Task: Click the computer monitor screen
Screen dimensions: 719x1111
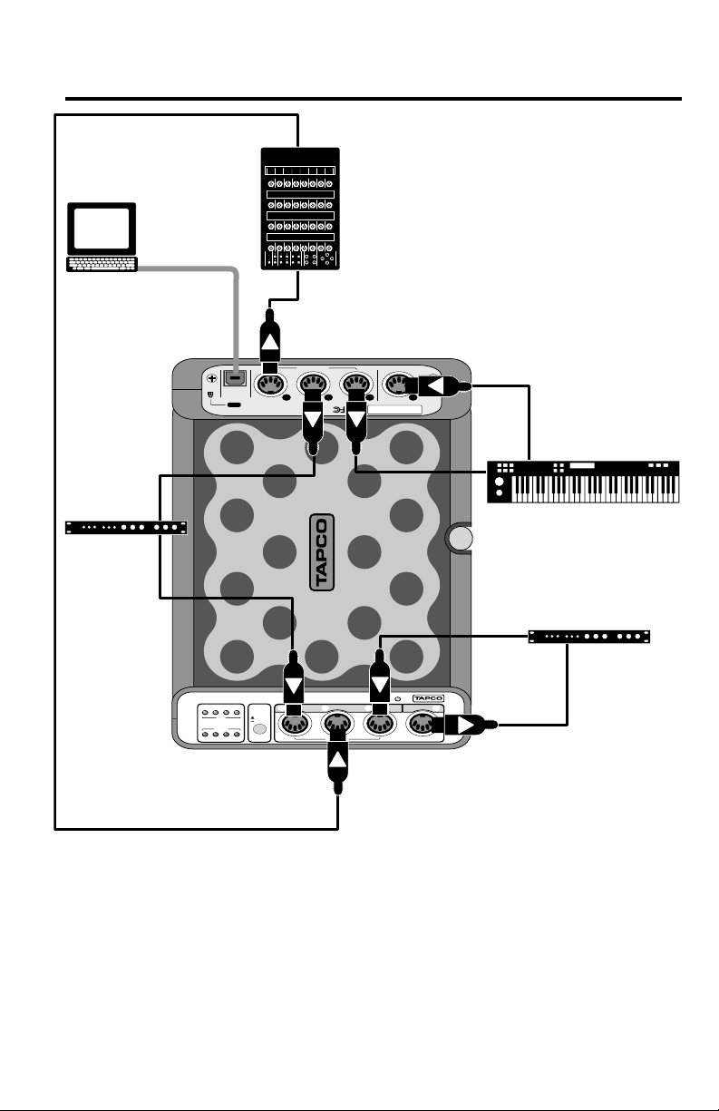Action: click(x=102, y=229)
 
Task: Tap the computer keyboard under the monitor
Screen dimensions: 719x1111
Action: click(x=102, y=264)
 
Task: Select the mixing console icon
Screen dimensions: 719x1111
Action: click(x=300, y=209)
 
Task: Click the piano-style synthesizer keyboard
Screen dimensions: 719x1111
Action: click(x=583, y=482)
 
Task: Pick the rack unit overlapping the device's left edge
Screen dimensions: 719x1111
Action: click(x=126, y=528)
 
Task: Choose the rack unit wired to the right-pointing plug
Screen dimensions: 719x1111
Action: click(x=589, y=637)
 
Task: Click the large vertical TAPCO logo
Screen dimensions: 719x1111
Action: click(x=322, y=552)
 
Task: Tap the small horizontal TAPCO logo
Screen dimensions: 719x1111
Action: click(x=428, y=698)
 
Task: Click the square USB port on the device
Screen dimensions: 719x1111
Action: click(x=235, y=378)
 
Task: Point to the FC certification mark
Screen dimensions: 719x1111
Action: click(x=338, y=410)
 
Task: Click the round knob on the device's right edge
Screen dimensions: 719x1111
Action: click(x=461, y=538)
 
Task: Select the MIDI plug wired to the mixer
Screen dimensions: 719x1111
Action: click(x=270, y=341)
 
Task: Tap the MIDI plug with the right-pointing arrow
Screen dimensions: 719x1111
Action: click(x=463, y=726)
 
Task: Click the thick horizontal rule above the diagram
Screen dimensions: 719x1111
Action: click(x=374, y=99)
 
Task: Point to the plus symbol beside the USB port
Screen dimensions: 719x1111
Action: click(x=212, y=378)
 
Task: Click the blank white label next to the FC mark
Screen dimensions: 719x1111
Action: click(x=394, y=410)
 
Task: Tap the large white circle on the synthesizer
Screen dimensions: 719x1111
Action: click(x=500, y=481)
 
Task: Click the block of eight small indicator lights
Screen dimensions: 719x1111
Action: click(x=221, y=723)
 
